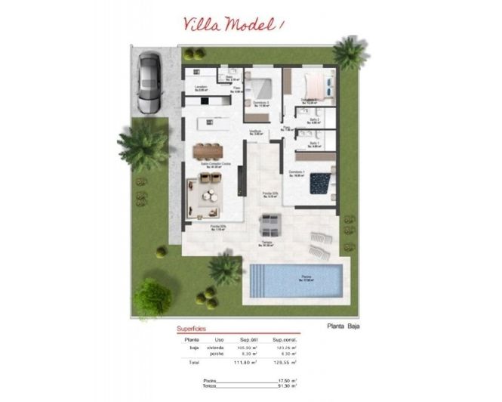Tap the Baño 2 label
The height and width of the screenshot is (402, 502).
pyautogui.click(x=314, y=120)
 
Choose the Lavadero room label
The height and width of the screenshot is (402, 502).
pyautogui.click(x=201, y=88)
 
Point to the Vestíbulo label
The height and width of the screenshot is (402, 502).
pyautogui.click(x=256, y=131)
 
